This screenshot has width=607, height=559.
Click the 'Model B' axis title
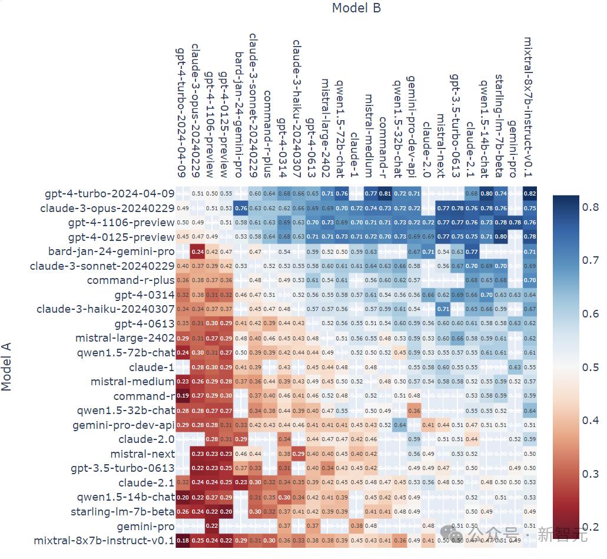click(356, 8)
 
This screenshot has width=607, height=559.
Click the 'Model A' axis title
click(7, 366)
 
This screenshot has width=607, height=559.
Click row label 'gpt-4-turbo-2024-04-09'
click(110, 194)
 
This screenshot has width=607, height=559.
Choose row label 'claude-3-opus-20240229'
click(107, 209)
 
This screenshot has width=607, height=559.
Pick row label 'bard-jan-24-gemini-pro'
click(111, 252)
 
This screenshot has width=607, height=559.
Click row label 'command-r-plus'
click(131, 280)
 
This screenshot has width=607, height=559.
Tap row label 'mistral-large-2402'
click(125, 338)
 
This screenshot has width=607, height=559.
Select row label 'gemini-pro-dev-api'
click(124, 425)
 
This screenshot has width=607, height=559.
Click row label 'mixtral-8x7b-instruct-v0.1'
click(104, 540)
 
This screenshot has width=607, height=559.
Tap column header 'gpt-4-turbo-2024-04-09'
click(182, 112)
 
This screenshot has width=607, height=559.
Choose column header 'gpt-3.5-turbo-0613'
click(455, 125)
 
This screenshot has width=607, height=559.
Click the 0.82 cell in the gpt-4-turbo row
click(529, 194)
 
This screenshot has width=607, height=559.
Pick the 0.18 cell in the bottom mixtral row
click(183, 540)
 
